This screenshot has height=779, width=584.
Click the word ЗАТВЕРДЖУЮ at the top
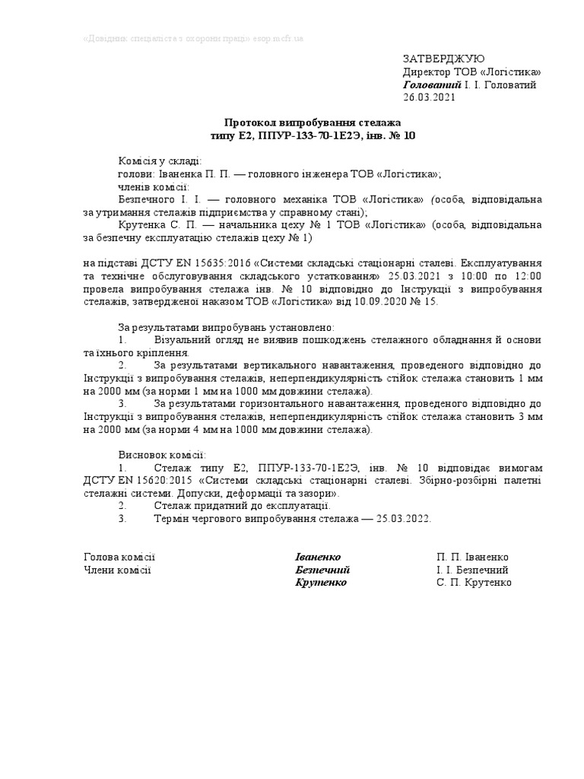[442, 59]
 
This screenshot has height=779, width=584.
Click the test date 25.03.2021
[414, 275]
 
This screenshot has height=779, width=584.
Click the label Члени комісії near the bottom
[117, 570]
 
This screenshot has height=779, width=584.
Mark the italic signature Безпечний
[322, 570]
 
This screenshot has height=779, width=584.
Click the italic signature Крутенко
[321, 583]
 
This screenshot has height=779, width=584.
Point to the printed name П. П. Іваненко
[472, 558]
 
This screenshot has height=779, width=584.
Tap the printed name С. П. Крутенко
[474, 583]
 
